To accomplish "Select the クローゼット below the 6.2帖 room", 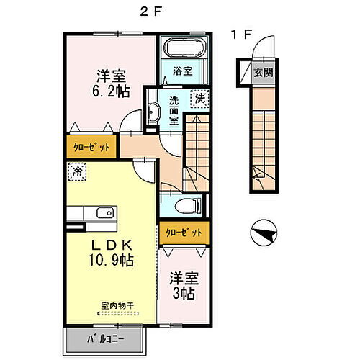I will click(x=92, y=147).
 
